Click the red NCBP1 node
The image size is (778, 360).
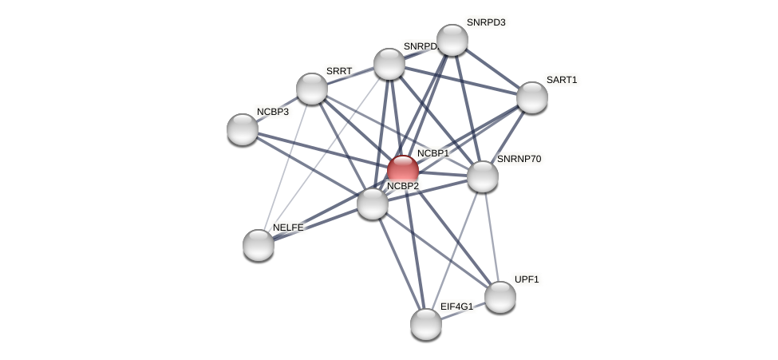(403, 170)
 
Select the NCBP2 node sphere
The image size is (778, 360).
(373, 204)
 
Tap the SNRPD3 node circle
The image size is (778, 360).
(452, 40)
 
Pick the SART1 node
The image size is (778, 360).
(532, 97)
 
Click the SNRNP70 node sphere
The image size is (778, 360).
(483, 176)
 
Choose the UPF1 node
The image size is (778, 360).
(500, 297)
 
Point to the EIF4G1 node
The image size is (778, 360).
(426, 323)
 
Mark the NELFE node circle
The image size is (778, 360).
(259, 245)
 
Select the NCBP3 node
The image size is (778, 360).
(243, 129)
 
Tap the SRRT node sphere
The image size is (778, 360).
(312, 89)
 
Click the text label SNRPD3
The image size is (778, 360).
(486, 22)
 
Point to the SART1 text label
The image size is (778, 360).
(562, 80)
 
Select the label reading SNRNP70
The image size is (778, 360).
(519, 159)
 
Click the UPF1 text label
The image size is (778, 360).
(527, 279)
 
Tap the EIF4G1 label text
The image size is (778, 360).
(456, 307)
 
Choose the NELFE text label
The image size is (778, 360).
(288, 227)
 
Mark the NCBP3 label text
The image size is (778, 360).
(273, 112)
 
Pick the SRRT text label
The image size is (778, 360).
(339, 71)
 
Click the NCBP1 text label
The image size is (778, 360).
(433, 153)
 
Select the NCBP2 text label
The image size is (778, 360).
(403, 186)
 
